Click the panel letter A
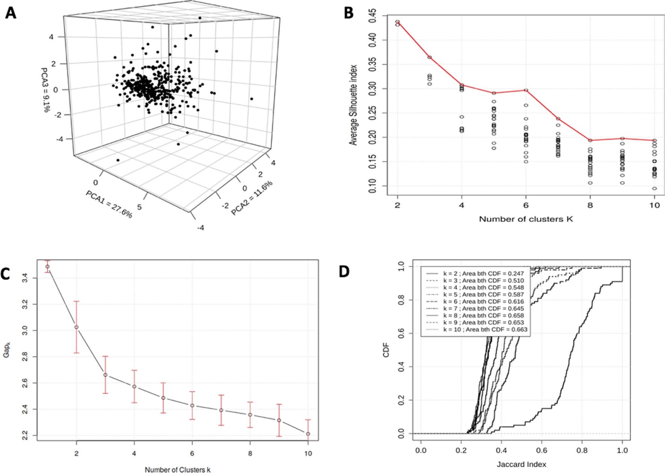(11, 14)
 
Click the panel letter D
(344, 271)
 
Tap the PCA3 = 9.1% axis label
(45, 90)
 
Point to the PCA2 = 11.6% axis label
(252, 198)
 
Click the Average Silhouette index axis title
(353, 105)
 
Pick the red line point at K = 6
(526, 90)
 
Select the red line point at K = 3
(429, 57)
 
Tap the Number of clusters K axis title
(526, 219)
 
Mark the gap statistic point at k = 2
(76, 327)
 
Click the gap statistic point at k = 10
(308, 434)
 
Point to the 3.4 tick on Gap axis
(25, 278)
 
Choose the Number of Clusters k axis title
(177, 469)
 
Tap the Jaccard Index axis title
(521, 464)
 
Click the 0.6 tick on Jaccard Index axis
(541, 450)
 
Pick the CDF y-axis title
(386, 350)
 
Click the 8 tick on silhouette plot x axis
(590, 205)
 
